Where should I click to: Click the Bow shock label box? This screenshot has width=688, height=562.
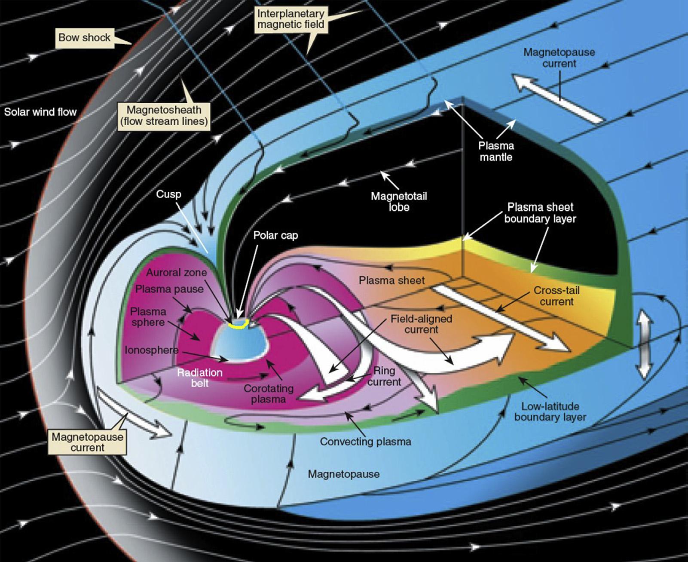(84, 37)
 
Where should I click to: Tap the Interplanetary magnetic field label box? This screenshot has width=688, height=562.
(290, 19)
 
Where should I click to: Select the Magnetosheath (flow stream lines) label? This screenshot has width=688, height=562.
(164, 116)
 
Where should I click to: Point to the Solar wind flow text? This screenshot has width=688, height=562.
(40, 112)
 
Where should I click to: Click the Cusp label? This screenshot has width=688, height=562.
(168, 194)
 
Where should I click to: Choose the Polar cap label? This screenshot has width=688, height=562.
(275, 235)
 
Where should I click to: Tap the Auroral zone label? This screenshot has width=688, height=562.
(176, 273)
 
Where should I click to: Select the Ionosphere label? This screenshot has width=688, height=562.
(151, 350)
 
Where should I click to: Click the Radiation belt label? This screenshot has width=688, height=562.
(200, 378)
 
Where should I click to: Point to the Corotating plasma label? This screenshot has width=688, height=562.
(269, 393)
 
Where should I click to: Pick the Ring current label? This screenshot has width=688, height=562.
(384, 376)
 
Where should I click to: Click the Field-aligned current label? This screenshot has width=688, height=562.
(421, 324)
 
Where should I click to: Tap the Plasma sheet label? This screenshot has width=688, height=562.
(391, 280)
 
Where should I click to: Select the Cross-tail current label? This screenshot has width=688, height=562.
(557, 296)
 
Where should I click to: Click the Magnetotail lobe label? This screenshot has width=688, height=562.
(399, 201)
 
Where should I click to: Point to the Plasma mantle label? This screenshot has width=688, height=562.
(496, 151)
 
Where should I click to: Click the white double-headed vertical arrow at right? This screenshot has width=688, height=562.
(643, 344)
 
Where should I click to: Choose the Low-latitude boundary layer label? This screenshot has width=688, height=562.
(550, 412)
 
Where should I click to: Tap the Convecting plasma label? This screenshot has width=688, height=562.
(365, 441)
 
